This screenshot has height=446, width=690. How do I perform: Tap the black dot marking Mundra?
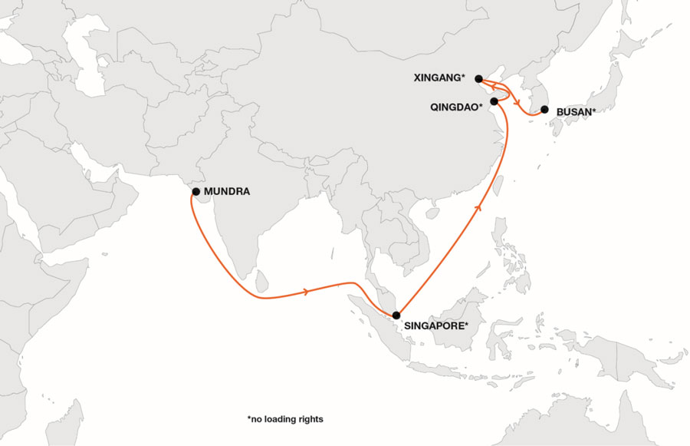coord(196,191)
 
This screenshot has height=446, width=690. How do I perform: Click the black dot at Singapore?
coord(396,316)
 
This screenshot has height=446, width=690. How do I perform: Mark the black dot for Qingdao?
coord(495,101)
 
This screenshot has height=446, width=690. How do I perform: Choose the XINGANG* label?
coord(439,78)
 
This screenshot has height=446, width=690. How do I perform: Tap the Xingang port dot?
coord(479,78)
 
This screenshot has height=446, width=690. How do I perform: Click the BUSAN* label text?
coord(576,112)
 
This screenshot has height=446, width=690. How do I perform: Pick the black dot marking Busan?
coord(544,110)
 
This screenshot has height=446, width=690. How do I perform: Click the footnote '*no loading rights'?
coord(285,419)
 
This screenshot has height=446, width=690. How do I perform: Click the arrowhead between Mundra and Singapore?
coord(307,292)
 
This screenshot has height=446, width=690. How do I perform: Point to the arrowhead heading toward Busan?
coord(517,103)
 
